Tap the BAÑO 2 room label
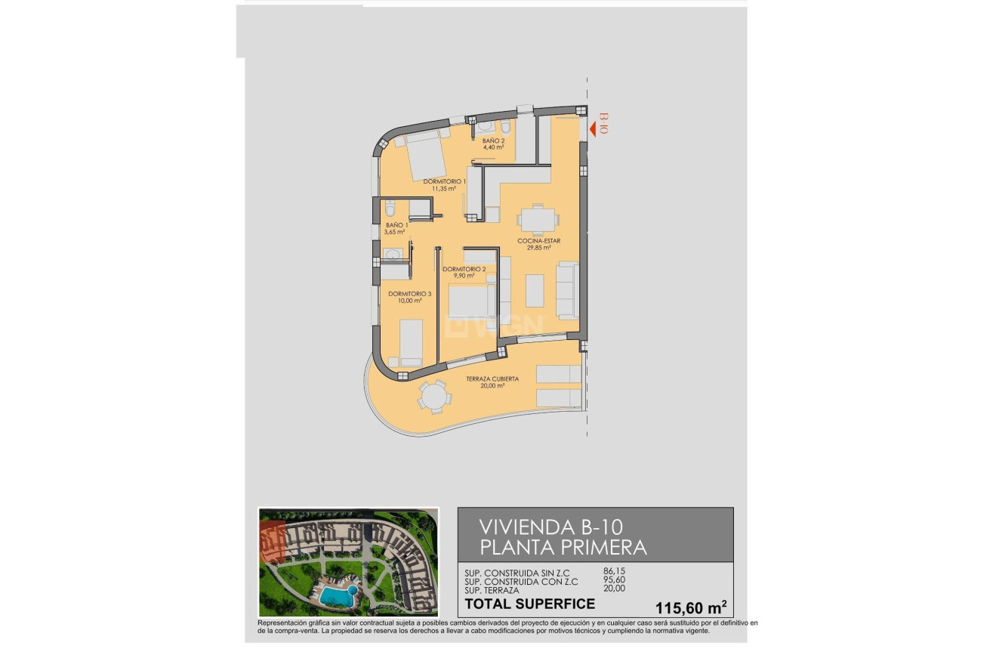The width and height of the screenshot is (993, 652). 493,143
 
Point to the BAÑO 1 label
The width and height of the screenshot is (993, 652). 396,228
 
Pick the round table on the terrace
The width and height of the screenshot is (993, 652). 434,397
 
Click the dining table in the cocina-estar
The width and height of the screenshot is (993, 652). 538,220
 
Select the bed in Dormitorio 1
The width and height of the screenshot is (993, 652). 427,156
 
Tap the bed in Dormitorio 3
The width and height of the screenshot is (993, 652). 411,342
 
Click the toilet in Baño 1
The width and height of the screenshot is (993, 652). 390,208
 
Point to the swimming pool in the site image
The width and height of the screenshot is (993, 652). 336,595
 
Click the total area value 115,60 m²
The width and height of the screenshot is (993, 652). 681,606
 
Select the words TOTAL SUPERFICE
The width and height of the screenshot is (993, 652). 530,604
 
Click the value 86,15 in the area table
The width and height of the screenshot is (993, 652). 615,571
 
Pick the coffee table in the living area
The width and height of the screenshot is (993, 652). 535,290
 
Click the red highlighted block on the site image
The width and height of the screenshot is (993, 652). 273,541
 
